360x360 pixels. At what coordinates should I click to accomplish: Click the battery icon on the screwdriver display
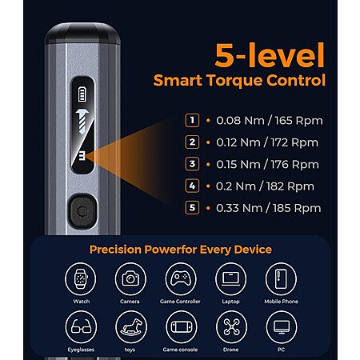click(82, 94)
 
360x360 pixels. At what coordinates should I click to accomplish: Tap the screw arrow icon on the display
click(82, 121)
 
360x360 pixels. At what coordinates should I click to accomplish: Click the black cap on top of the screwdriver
click(82, 34)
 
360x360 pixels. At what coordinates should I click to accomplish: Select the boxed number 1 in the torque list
click(192, 120)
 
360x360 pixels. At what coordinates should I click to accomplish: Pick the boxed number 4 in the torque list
click(192, 186)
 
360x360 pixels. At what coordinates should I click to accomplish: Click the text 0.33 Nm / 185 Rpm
click(269, 208)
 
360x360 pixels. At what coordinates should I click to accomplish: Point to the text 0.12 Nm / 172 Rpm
click(267, 142)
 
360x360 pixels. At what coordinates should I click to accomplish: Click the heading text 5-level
click(270, 55)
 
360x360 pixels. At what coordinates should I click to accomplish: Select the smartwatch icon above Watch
click(81, 278)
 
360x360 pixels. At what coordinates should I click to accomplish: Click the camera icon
click(130, 278)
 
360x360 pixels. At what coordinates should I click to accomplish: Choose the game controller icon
click(181, 278)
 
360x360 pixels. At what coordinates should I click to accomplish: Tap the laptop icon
click(231, 278)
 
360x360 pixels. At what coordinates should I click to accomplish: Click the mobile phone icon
click(281, 278)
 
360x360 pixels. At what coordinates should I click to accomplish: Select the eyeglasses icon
click(81, 327)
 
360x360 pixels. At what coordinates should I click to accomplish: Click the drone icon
click(231, 327)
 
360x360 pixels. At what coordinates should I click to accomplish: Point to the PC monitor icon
click(282, 327)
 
